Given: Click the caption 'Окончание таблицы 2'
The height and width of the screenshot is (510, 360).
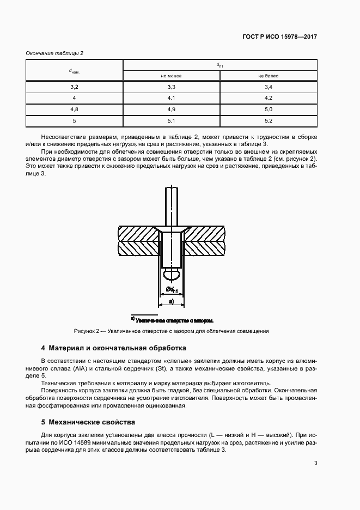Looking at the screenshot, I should [x=54, y=53].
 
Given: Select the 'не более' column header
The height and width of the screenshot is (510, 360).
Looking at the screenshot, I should [x=268, y=76].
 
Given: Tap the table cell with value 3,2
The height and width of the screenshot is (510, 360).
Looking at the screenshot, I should [x=75, y=87].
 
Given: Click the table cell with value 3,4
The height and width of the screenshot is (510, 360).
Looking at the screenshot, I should [x=268, y=87].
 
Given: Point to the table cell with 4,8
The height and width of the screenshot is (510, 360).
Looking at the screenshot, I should [x=75, y=110].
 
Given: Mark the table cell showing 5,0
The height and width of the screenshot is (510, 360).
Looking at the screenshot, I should [x=268, y=110].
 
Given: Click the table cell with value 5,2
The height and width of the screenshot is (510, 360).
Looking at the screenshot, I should [x=268, y=120].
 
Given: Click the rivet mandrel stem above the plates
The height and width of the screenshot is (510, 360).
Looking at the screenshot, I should [x=171, y=204].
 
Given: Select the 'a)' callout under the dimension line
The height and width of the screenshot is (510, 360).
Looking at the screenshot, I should [x=171, y=301].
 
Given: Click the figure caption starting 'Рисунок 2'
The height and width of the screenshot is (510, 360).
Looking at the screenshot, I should [x=171, y=331].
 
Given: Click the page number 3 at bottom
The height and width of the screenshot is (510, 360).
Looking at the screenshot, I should [x=315, y=463].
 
